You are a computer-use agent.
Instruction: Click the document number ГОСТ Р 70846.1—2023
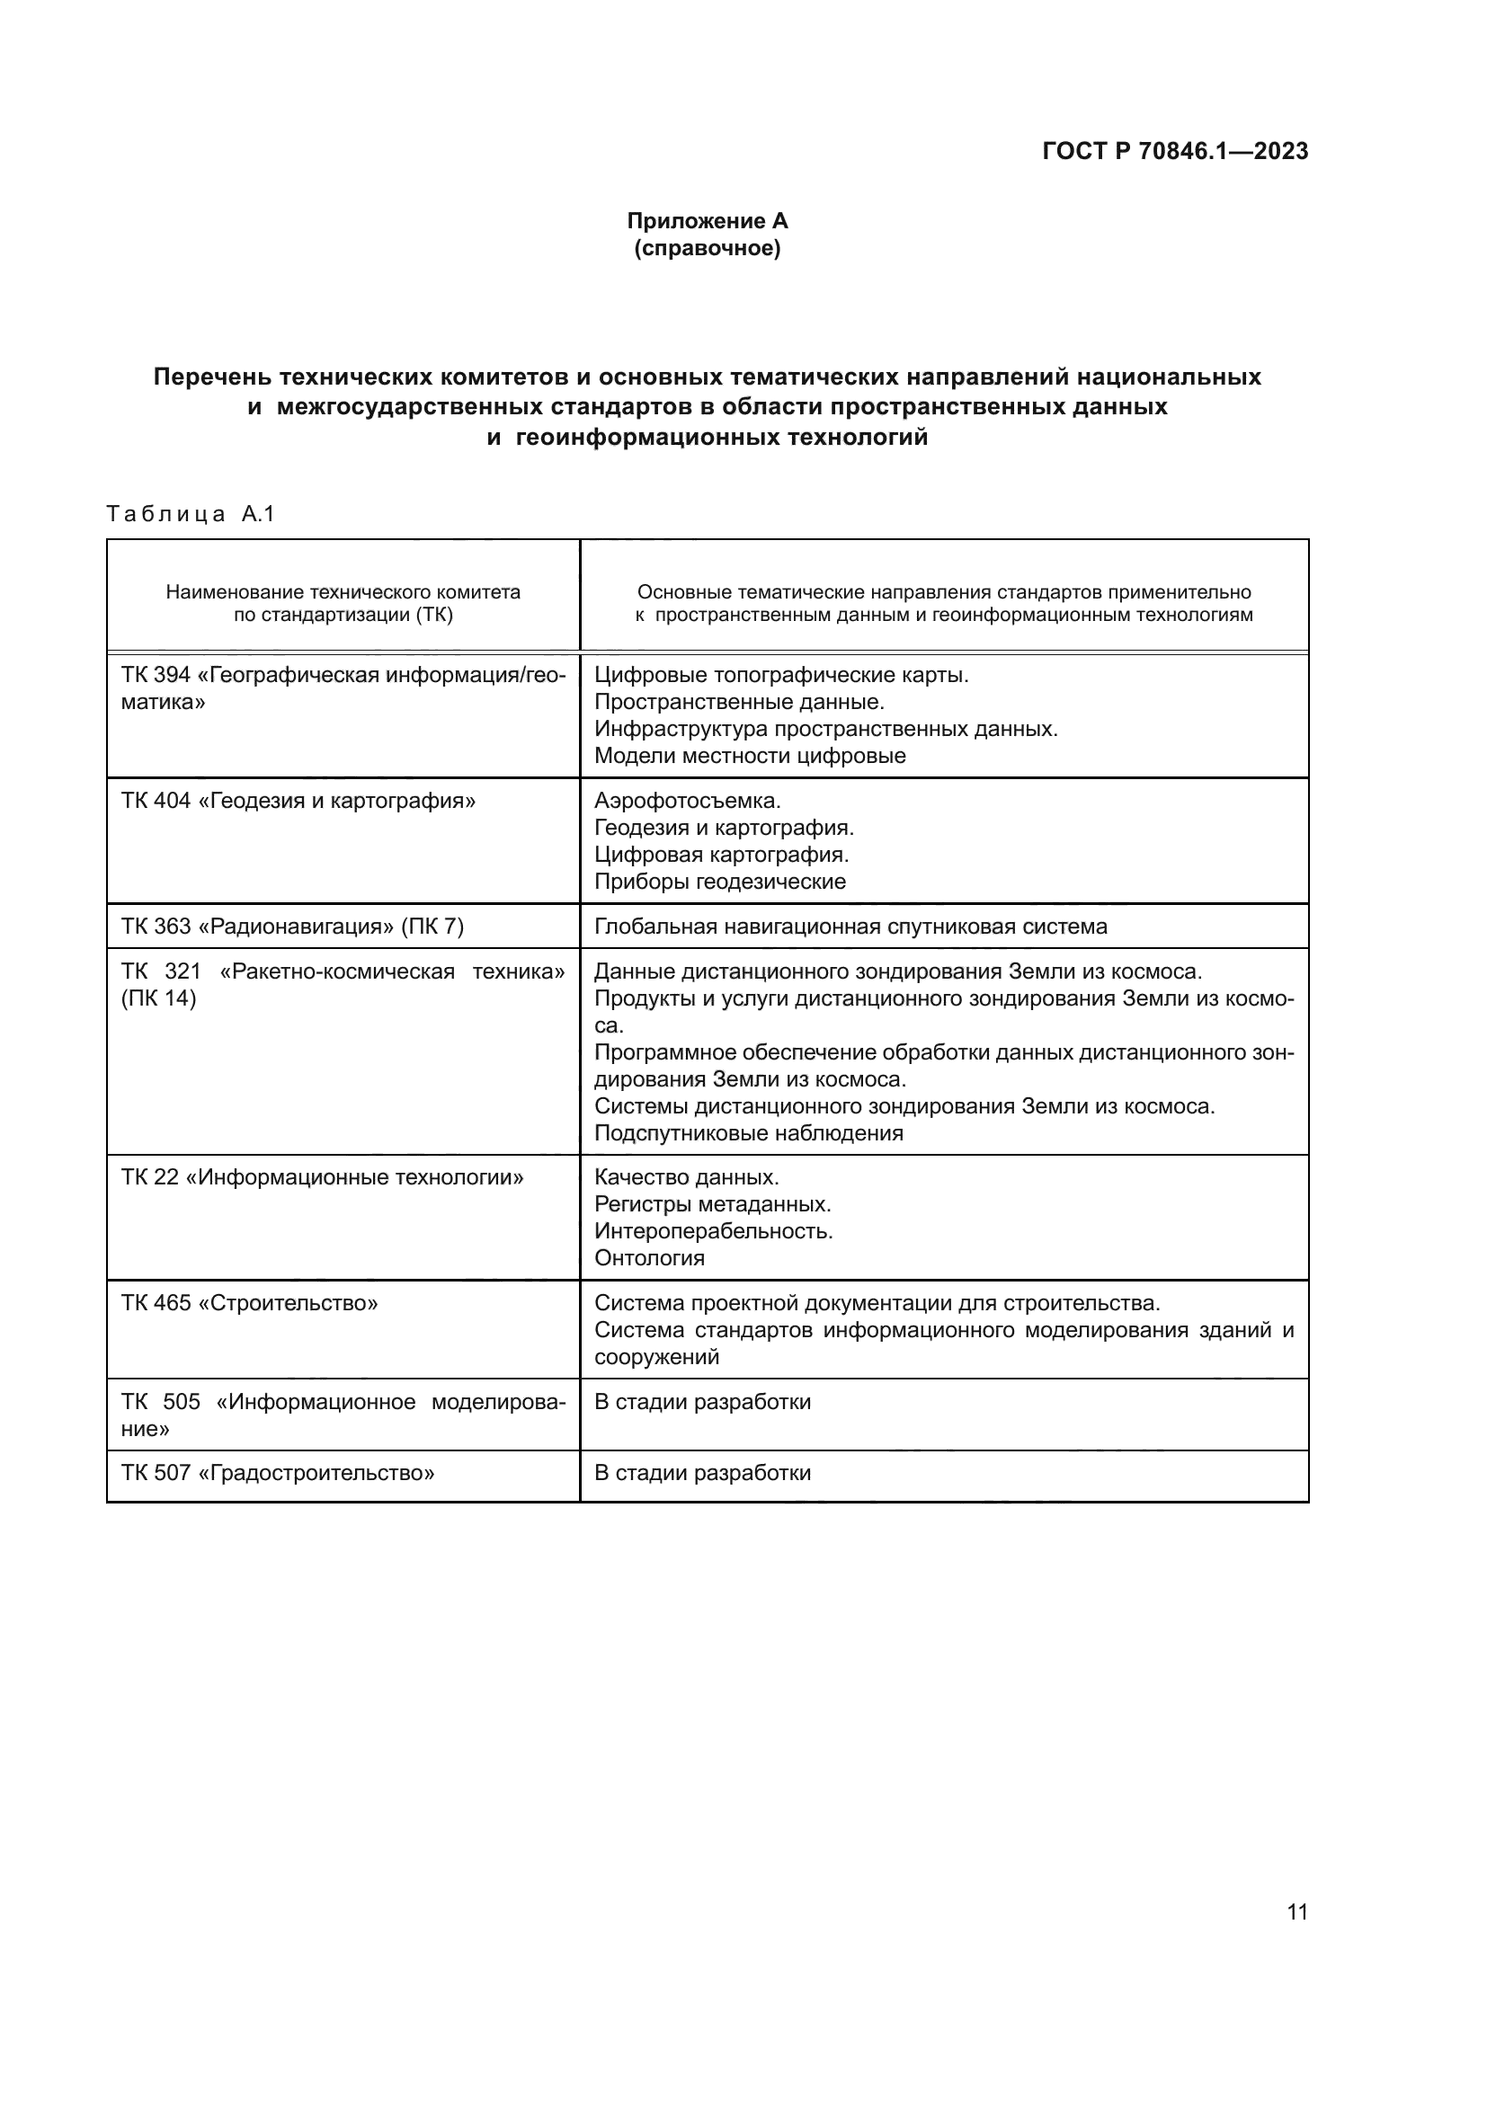1175,151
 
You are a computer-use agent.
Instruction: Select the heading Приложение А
707,221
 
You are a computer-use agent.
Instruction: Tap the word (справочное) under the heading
707,248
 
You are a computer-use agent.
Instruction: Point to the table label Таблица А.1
191,514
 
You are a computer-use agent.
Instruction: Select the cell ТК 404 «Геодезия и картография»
298,801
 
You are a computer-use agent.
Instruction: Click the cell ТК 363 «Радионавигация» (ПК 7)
293,927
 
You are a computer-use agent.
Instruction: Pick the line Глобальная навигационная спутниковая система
850,927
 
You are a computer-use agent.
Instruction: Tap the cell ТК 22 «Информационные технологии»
323,1177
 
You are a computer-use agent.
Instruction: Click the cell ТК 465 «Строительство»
250,1303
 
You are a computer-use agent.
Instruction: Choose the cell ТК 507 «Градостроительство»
279,1473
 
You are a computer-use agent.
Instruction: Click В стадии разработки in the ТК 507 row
702,1473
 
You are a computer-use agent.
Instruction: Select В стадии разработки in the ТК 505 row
702,1402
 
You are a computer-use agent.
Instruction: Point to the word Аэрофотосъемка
687,801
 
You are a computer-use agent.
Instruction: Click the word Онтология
649,1258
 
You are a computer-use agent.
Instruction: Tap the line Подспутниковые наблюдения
748,1133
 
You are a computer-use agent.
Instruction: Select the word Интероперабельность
713,1231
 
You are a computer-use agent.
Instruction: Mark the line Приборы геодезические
720,882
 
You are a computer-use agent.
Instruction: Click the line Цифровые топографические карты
781,676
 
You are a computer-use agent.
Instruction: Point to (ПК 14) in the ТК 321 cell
158,998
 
